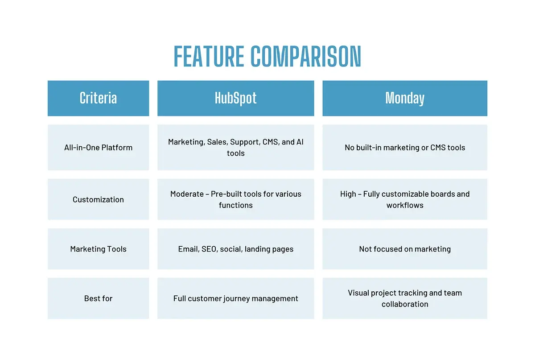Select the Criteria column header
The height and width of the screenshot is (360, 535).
tap(98, 98)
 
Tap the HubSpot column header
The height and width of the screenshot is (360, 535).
tap(235, 98)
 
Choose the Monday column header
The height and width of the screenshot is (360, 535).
tap(405, 98)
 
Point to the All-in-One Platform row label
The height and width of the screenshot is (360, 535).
tap(98, 148)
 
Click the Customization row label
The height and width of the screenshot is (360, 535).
tap(98, 199)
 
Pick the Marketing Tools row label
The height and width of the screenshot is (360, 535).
tap(98, 249)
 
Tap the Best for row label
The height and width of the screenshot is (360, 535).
tap(98, 298)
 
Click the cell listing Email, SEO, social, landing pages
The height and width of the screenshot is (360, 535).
tap(235, 249)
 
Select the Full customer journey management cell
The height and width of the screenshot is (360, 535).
tap(235, 298)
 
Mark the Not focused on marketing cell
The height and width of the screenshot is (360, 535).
tap(405, 249)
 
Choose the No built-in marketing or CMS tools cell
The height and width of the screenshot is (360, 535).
tap(405, 148)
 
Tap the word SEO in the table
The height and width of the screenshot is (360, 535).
tap(209, 249)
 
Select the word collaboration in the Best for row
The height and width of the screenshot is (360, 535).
tap(405, 304)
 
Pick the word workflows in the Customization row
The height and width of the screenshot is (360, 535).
tap(405, 205)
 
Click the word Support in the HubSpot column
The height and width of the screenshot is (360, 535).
tap(244, 142)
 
